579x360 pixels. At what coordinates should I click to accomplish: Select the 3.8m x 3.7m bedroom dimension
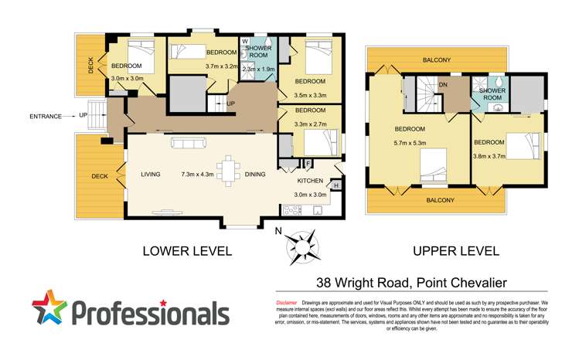(489, 155)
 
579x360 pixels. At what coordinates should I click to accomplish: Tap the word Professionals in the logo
(152, 313)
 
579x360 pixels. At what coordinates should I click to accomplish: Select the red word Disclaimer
(287, 302)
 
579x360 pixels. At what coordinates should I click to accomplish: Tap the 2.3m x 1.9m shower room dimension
(257, 69)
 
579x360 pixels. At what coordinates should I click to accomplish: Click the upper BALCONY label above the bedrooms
(438, 59)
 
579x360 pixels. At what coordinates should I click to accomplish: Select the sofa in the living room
(189, 143)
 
